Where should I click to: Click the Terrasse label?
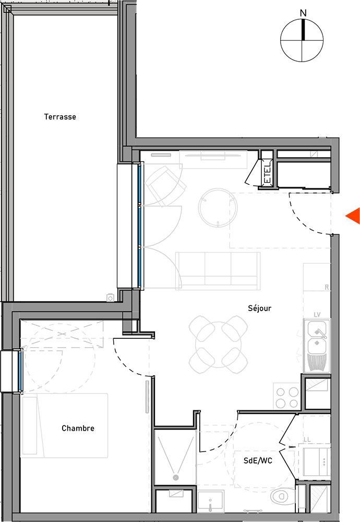pyautogui.click(x=60, y=117)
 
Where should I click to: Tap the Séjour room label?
pyautogui.click(x=259, y=309)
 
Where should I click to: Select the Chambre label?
pyautogui.click(x=78, y=428)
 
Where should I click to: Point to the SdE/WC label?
pyautogui.click(x=258, y=461)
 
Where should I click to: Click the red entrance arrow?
pyautogui.click(x=353, y=216)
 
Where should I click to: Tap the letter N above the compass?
pyautogui.click(x=303, y=14)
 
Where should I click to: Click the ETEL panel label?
pyautogui.click(x=267, y=173)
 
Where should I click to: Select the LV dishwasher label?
pyautogui.click(x=317, y=315)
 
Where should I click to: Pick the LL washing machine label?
pyautogui.click(x=307, y=440)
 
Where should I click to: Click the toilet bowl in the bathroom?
pyautogui.click(x=282, y=497)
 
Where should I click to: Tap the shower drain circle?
pyautogui.click(x=176, y=478)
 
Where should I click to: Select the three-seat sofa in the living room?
pyautogui.click(x=218, y=270)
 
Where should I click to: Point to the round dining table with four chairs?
pyautogui.click(x=218, y=345)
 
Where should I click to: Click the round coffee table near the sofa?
pyautogui.click(x=218, y=208)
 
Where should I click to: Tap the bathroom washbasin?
pyautogui.click(x=210, y=501)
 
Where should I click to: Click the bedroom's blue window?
pyautogui.click(x=19, y=371)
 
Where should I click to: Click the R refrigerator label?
pyautogui.click(x=327, y=287)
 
